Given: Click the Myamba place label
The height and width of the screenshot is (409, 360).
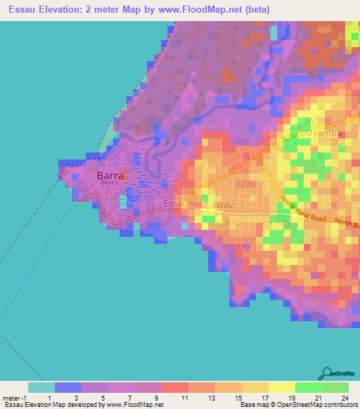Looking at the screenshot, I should [x=323, y=134].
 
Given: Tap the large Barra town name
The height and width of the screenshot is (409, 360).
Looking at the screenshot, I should [x=110, y=176].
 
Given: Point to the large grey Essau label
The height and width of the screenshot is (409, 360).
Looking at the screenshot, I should [x=175, y=204].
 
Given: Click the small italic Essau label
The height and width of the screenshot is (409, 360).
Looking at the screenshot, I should [x=222, y=204].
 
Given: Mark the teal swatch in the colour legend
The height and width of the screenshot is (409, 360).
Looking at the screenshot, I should [x=41, y=387].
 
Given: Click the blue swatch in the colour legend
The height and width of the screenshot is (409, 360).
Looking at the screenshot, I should [x=67, y=387].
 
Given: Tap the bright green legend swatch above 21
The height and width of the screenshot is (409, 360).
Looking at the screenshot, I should [x=308, y=387].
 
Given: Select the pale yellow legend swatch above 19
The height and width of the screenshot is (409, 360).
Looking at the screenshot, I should [x=281, y=387].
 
